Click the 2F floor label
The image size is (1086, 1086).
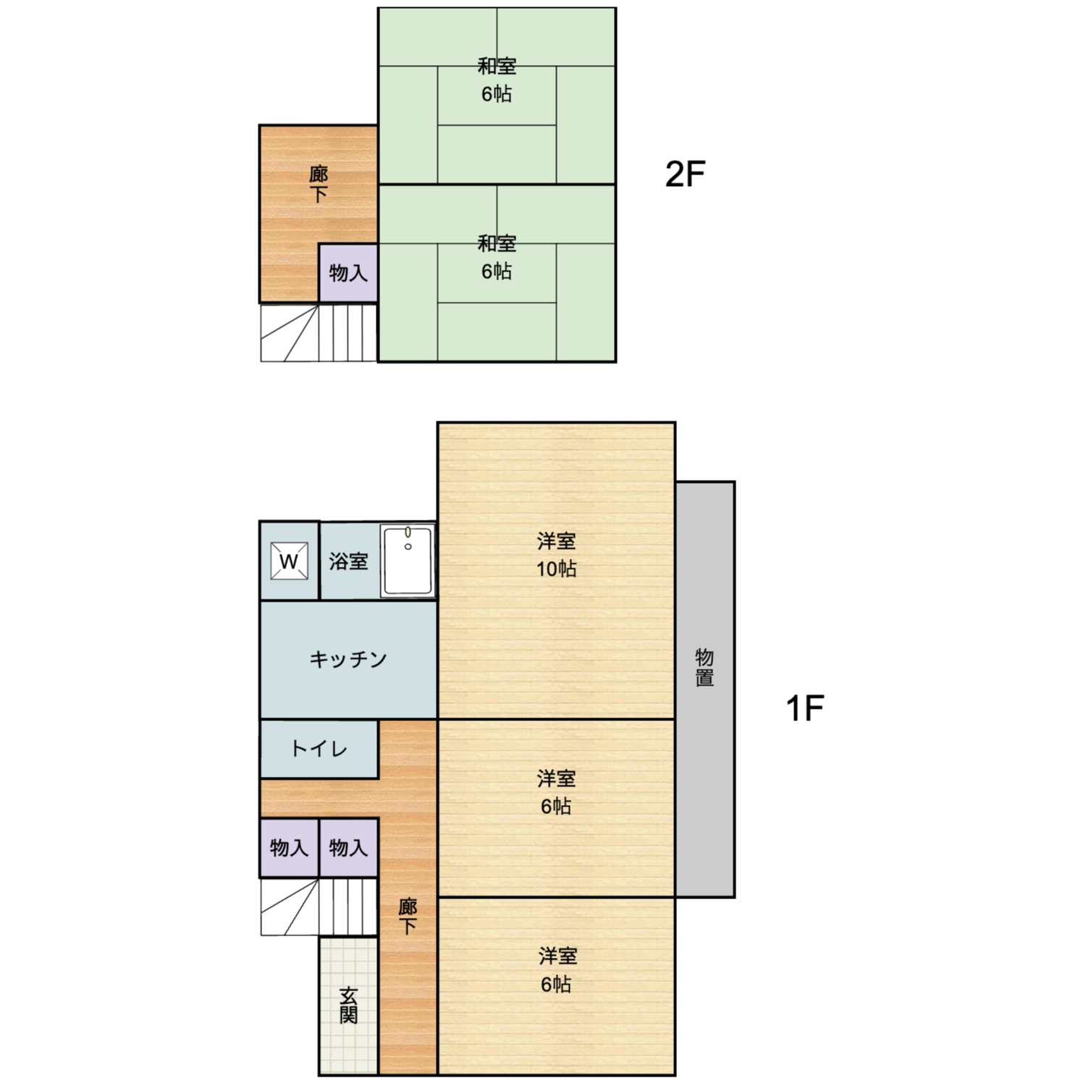pos(685,174)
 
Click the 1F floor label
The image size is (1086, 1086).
pos(805,707)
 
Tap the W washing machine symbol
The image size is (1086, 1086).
pos(289,561)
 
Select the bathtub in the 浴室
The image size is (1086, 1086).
pos(408,560)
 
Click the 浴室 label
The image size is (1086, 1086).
pos(348,561)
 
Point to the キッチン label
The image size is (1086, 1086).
pos(348,659)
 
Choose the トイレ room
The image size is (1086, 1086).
pos(319,749)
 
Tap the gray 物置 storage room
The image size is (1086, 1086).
pos(705,689)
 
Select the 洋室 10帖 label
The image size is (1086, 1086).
pos(557,555)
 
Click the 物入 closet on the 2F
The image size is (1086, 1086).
pos(348,273)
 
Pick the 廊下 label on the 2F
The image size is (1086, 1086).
pos(319,184)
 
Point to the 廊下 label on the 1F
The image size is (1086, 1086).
pos(408,916)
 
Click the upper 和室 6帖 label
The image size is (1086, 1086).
pos(497,80)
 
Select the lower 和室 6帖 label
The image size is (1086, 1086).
pos(497,257)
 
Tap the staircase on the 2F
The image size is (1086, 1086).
pos(319,332)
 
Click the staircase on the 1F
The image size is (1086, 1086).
pos(319,906)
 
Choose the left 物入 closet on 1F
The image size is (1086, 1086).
pos(289,848)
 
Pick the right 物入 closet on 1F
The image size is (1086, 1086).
pos(348,848)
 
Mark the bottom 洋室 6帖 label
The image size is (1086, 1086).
pos(557,970)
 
